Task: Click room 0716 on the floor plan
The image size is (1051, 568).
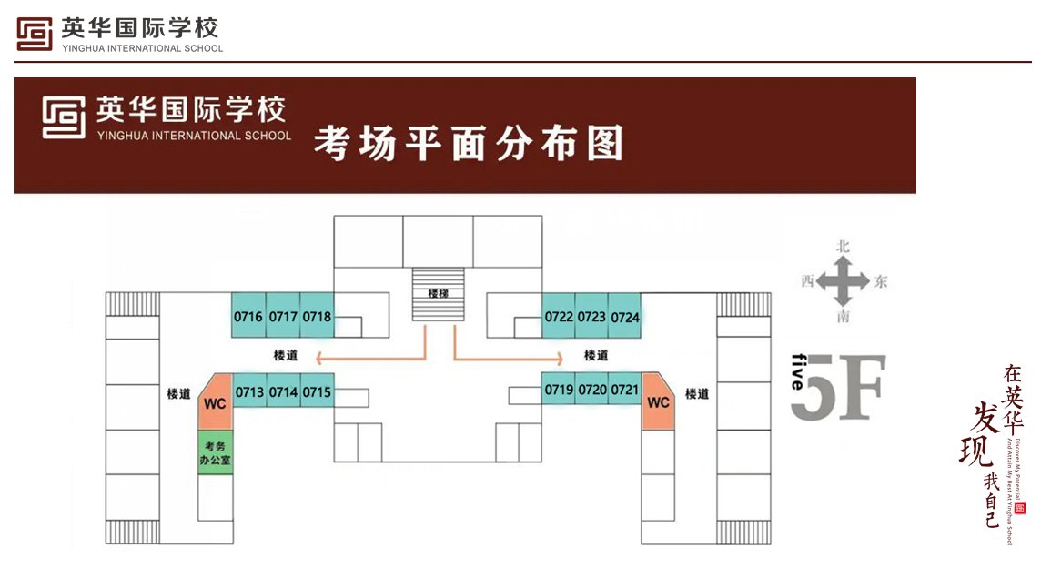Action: [248, 317]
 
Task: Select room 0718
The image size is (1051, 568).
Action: [317, 317]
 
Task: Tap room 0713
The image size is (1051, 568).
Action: [249, 392]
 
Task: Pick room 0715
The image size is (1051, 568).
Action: [317, 392]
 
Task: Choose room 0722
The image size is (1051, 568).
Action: [559, 317]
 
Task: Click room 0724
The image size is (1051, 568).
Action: [625, 317]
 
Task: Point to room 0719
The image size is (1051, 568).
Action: [559, 390]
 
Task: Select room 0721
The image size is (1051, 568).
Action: [624, 390]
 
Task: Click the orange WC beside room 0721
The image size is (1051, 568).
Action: [658, 401]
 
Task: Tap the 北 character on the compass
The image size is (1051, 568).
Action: [843, 246]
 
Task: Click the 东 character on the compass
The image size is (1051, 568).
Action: [880, 282]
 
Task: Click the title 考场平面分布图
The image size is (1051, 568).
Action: [469, 144]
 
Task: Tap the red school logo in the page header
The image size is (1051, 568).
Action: [35, 35]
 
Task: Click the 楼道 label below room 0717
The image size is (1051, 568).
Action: [285, 355]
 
